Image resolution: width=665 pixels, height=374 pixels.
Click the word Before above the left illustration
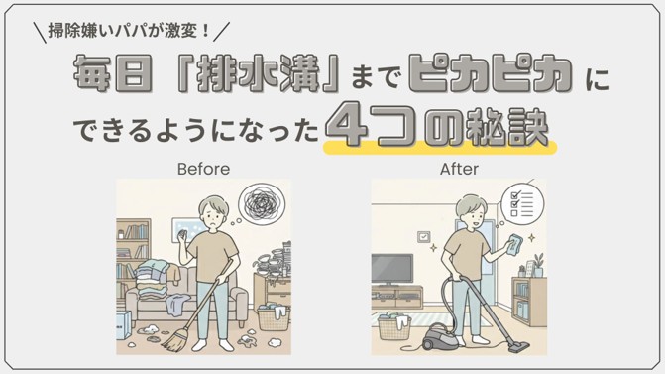coord(203,169)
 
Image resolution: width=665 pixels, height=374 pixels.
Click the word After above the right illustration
coord(459,169)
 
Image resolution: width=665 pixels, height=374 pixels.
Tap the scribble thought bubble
coord(262,203)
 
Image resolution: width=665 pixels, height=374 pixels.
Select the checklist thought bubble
coord(522,203)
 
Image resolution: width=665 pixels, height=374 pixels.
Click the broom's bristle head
coord(175,340)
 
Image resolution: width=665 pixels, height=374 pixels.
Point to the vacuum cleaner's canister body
coord(438,335)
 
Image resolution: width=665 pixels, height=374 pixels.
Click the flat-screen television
coord(391,269)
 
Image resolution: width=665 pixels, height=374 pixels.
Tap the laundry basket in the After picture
coord(393,326)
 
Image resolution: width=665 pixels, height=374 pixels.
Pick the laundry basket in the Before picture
coord(274,317)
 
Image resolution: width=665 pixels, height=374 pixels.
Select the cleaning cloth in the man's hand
coord(513,244)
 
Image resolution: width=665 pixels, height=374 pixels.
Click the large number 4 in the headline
coord(346,125)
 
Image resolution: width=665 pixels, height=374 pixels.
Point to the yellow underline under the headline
coord(440,148)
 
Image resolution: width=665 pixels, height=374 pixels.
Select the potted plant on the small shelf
coord(538,266)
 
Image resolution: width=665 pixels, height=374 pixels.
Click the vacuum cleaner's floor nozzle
coord(519,347)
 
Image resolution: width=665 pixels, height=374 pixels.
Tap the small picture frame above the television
coord(424,236)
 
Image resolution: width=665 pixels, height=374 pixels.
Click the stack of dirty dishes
coord(275,259)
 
